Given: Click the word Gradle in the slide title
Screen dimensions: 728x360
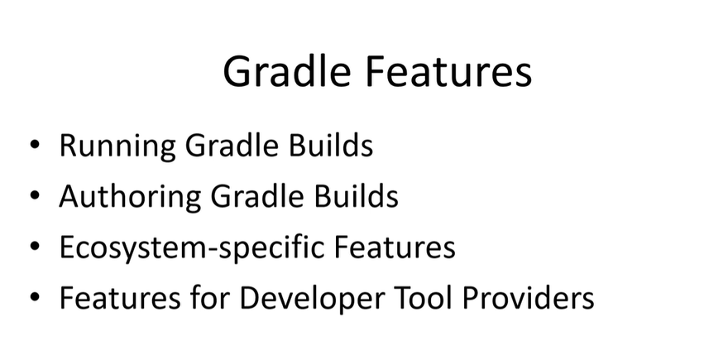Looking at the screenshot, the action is click(x=286, y=71).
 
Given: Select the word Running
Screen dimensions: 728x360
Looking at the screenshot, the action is click(x=117, y=146).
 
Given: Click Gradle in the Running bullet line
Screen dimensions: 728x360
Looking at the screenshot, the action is click(x=232, y=145).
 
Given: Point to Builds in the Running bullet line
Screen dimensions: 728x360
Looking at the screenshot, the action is click(x=331, y=145).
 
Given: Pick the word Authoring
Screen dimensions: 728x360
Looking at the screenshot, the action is click(x=130, y=197).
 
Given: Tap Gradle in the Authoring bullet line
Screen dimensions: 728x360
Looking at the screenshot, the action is click(x=257, y=195).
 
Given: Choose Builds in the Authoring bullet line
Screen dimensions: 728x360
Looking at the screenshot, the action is click(x=357, y=195).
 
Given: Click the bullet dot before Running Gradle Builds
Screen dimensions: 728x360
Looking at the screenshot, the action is click(x=35, y=145).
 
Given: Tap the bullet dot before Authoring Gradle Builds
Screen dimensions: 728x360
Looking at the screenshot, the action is click(x=35, y=195).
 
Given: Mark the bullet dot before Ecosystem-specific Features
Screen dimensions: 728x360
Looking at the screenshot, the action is click(x=35, y=246).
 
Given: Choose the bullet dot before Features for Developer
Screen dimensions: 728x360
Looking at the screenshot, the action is click(x=35, y=297).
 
